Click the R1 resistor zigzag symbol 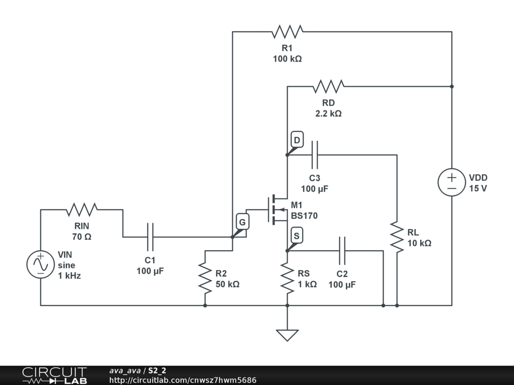(x=288, y=32)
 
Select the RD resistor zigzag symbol (x=328, y=86)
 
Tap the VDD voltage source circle (x=452, y=182)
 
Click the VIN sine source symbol (x=41, y=265)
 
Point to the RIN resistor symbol (x=82, y=210)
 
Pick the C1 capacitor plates (x=151, y=237)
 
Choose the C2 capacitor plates (x=342, y=251)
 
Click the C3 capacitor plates (x=315, y=155)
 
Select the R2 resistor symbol (x=205, y=278)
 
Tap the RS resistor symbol (x=288, y=278)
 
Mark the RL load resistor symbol (x=397, y=237)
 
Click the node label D (x=297, y=140)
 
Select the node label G (x=242, y=222)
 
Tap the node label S (x=297, y=236)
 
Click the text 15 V (x=478, y=188)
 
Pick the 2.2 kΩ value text (x=328, y=114)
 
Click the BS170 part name (x=304, y=216)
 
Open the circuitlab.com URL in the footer (x=183, y=380)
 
